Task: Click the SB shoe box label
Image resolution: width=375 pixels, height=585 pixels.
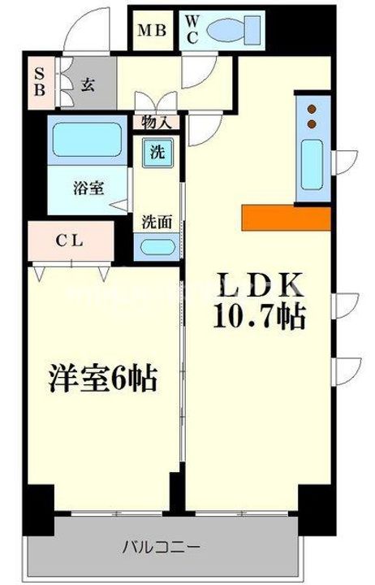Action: pos(38,80)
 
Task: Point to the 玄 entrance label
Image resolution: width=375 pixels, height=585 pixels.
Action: pos(88,84)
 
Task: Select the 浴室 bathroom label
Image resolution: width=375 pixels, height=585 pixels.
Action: pos(89,188)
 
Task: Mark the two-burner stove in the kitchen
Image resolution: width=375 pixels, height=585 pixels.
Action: pos(312,117)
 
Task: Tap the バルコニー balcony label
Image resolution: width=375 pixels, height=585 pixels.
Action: pos(162,546)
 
